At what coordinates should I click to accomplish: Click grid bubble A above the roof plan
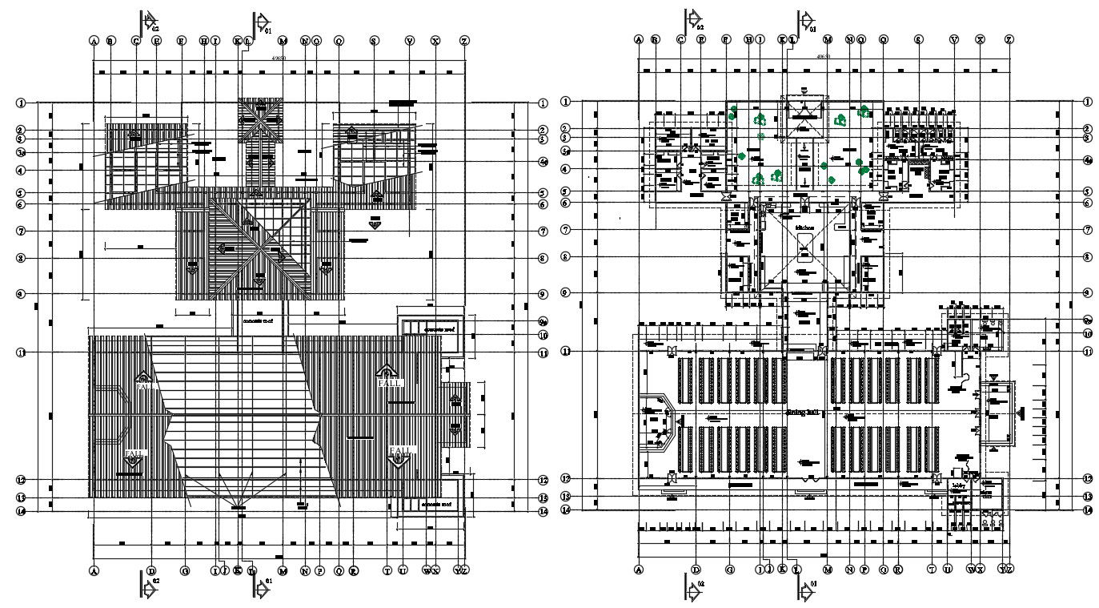click(x=94, y=40)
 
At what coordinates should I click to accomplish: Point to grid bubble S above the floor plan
click(x=918, y=39)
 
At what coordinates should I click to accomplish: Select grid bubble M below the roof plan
click(x=283, y=570)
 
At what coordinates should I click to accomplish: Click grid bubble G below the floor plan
click(x=729, y=570)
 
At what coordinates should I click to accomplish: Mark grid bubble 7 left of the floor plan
click(x=565, y=230)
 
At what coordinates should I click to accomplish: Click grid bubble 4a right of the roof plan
click(x=543, y=162)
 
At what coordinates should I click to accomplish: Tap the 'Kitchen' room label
click(x=804, y=227)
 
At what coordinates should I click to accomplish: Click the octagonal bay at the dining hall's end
click(x=658, y=419)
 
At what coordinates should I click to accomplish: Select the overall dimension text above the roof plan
click(x=279, y=58)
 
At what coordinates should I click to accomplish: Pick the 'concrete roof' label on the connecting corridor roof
click(x=258, y=320)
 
